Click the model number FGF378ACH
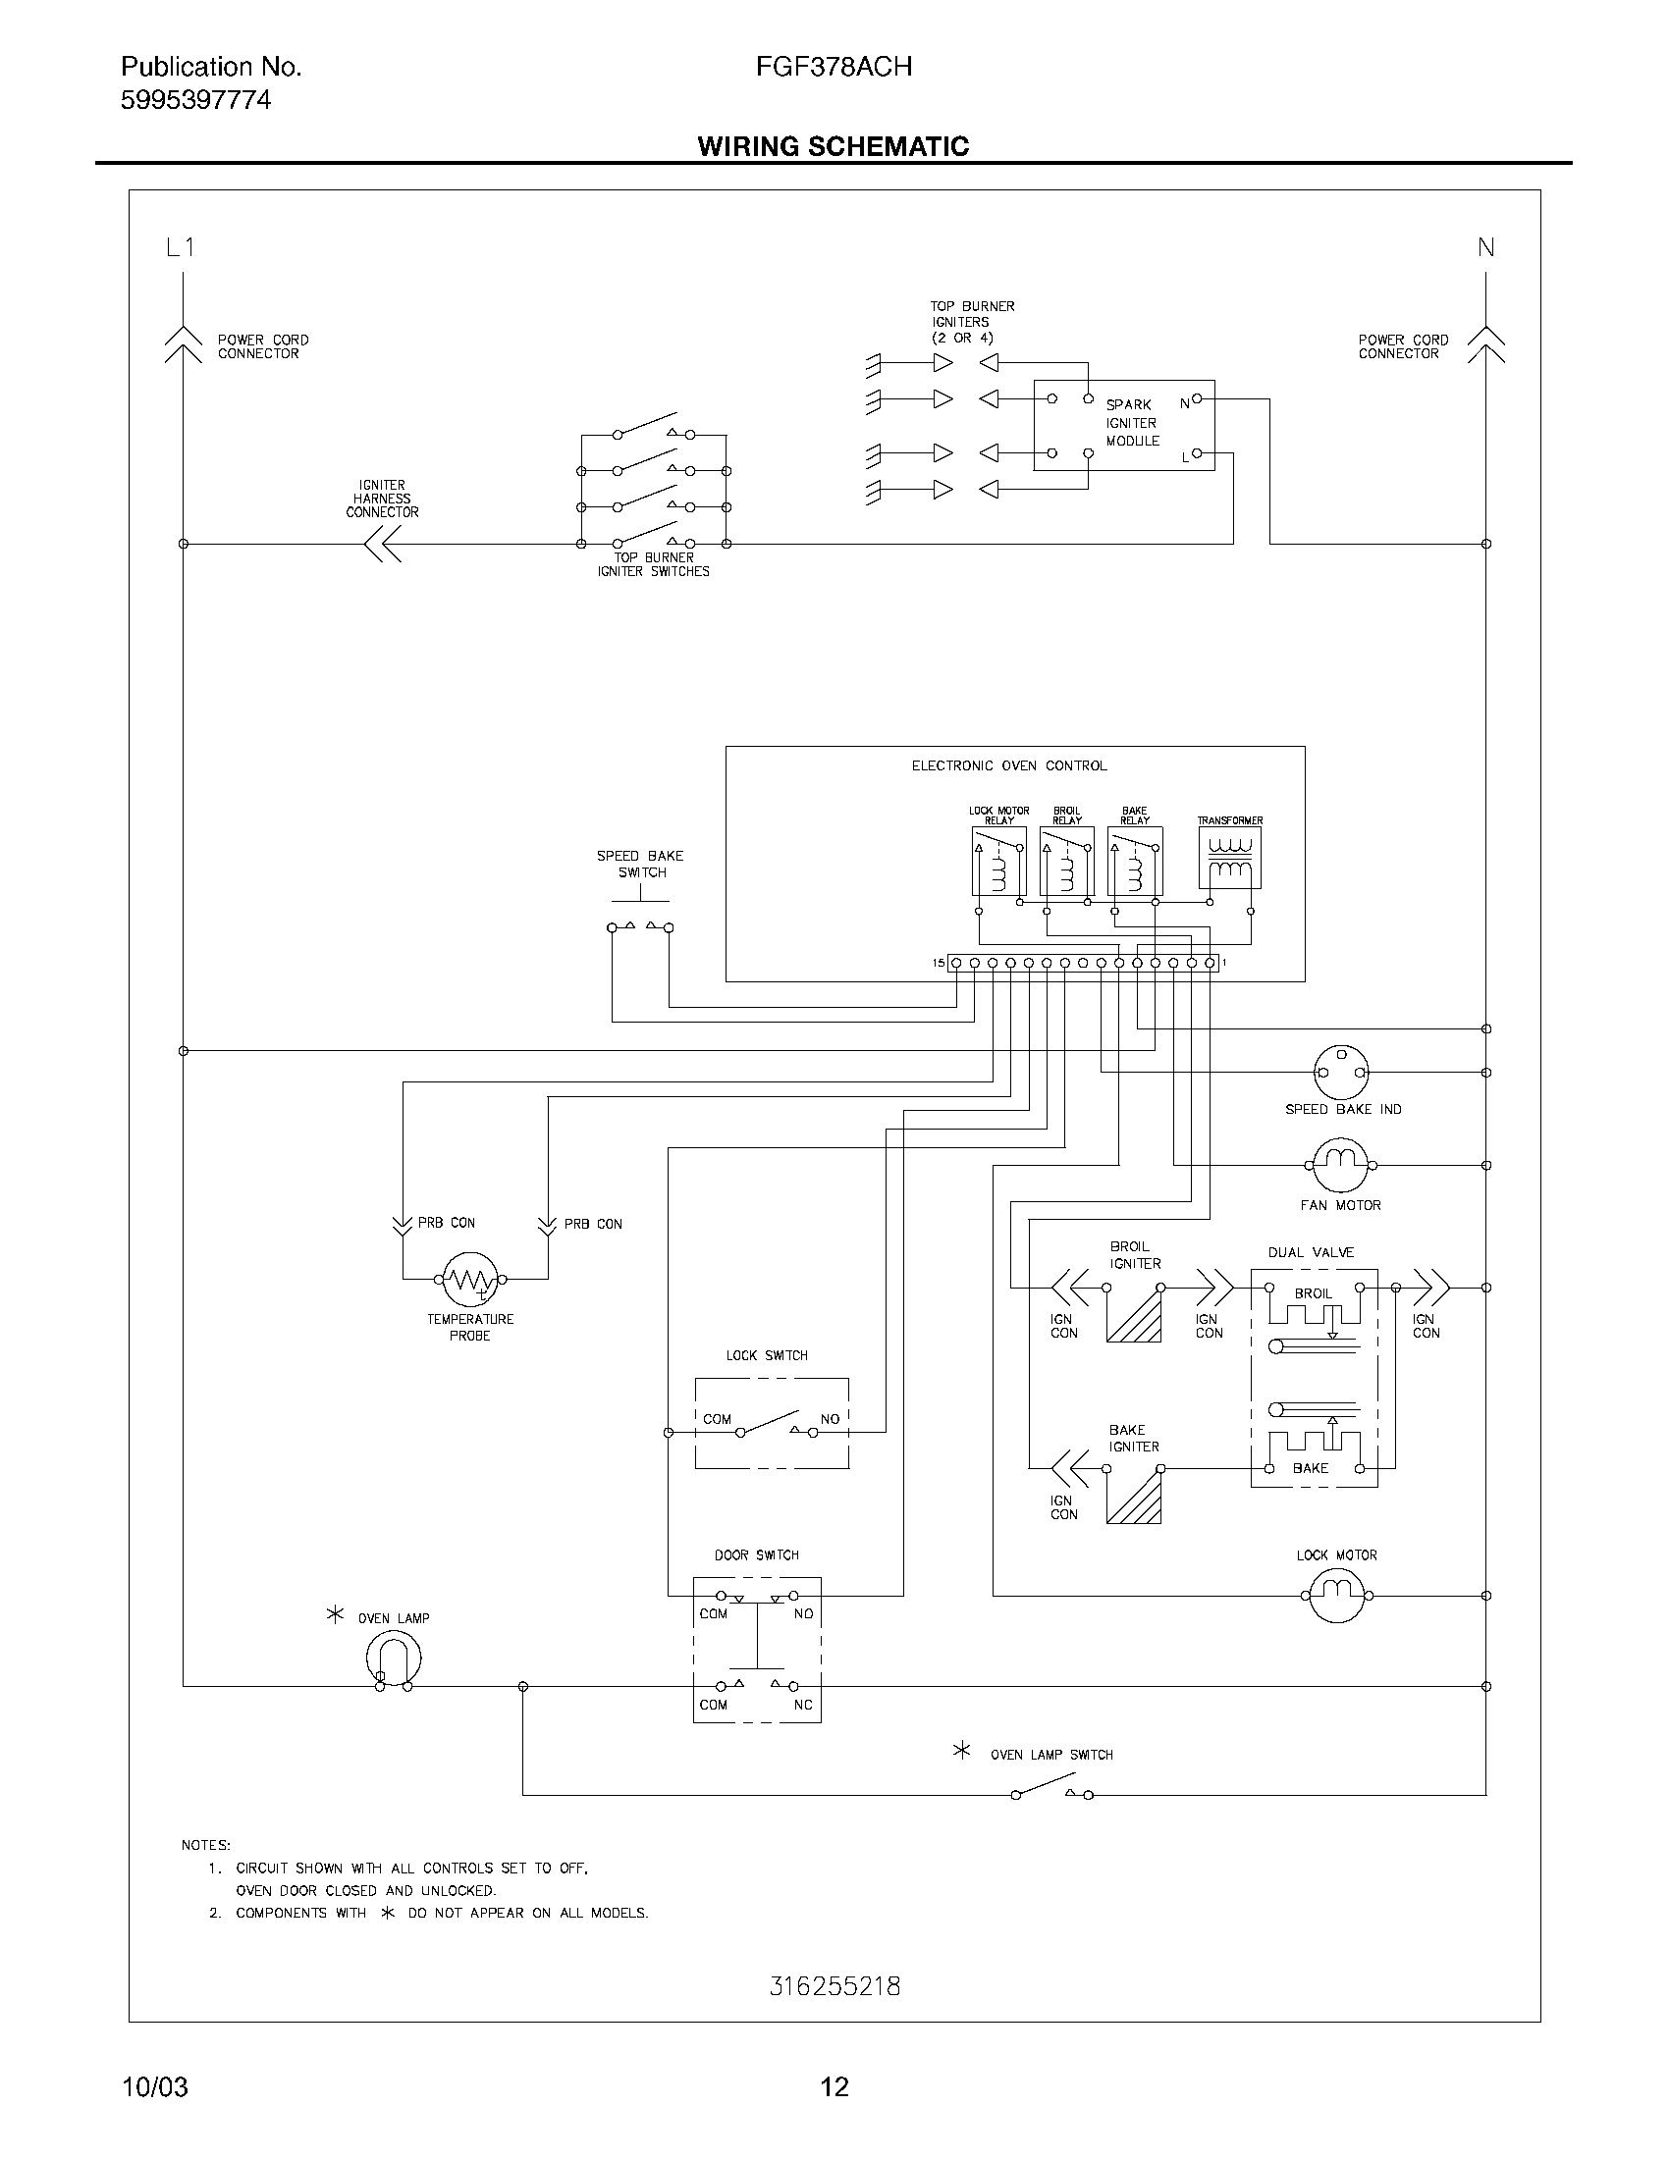click(x=833, y=66)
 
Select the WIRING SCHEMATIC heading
click(x=833, y=146)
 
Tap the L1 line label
click(x=180, y=248)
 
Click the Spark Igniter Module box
click(x=1123, y=425)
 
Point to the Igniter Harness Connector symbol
click(x=383, y=544)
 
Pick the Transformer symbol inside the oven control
click(x=1229, y=857)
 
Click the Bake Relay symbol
click(x=1134, y=861)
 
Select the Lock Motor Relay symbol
click(x=998, y=861)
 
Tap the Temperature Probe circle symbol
click(x=469, y=1278)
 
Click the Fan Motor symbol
click(x=1340, y=1165)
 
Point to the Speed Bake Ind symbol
click(x=1341, y=1072)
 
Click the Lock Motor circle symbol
click(x=1336, y=1595)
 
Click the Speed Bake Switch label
click(x=640, y=864)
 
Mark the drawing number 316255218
click(x=834, y=1986)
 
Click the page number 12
click(x=834, y=2086)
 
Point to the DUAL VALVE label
click(x=1310, y=1252)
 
